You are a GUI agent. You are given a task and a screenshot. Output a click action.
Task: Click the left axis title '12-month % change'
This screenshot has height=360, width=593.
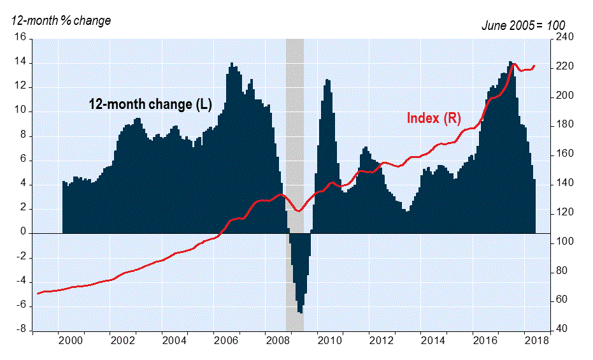61,20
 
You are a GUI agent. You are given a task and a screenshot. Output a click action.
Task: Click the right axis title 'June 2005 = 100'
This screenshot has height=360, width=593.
522,24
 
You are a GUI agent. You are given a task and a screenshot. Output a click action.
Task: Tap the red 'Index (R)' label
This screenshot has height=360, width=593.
434,118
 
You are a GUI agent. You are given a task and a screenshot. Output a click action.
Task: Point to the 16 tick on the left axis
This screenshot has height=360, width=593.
20,38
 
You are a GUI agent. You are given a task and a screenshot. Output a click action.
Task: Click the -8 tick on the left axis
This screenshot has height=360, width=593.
20,330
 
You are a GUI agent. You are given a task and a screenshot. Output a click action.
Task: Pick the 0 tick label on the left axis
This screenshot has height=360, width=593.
23,233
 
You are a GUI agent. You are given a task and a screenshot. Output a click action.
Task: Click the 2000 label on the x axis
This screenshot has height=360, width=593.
71,341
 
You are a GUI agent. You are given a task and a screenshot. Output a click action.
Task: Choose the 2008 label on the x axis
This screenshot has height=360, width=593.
278,341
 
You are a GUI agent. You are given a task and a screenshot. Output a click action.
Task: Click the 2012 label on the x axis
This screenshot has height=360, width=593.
382,341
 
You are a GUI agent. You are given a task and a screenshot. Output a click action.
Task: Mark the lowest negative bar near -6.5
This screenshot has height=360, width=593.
300,311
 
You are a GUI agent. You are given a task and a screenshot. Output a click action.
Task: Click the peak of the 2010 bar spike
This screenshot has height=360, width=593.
327,80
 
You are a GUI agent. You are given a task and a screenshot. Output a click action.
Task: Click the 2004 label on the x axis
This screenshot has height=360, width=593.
175,341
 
